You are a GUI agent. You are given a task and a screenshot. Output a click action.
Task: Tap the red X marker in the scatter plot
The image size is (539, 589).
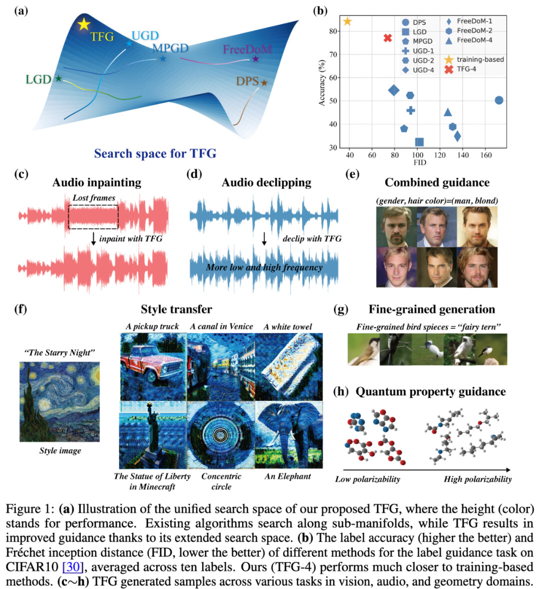tap(388, 38)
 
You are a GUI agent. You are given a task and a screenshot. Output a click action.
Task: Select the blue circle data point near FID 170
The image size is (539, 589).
tap(499, 100)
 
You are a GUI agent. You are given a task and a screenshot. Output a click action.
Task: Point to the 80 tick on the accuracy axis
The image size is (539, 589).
tap(333, 31)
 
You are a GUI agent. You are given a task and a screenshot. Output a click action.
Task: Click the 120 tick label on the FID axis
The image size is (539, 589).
tap(440, 155)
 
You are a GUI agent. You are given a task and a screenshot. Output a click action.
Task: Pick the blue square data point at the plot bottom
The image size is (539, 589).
tap(419, 142)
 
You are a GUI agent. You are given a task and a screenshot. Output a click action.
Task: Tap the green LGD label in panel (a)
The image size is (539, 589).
tap(38, 79)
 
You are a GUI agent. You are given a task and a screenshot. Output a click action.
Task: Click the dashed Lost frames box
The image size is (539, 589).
tap(93, 217)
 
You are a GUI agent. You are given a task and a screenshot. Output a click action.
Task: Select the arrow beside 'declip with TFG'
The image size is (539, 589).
tap(265, 239)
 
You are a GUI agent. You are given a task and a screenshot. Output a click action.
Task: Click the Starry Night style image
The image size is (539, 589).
tap(60, 401)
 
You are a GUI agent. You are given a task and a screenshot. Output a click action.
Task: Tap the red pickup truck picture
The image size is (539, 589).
tap(153, 367)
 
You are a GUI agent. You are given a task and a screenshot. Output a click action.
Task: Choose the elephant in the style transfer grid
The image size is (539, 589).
tap(288, 435)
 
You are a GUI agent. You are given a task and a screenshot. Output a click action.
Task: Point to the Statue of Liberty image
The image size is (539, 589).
tap(153, 435)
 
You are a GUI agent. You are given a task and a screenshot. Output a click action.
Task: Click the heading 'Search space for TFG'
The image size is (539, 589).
tap(155, 154)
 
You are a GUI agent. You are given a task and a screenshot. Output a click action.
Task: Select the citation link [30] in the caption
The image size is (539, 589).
tap(72, 567)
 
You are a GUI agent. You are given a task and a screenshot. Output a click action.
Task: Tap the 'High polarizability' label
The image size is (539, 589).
tap(478, 479)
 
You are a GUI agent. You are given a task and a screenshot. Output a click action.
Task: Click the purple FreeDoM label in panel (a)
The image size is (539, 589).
tap(247, 49)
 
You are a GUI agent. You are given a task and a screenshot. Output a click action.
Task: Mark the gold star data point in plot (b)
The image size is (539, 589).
tap(347, 21)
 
